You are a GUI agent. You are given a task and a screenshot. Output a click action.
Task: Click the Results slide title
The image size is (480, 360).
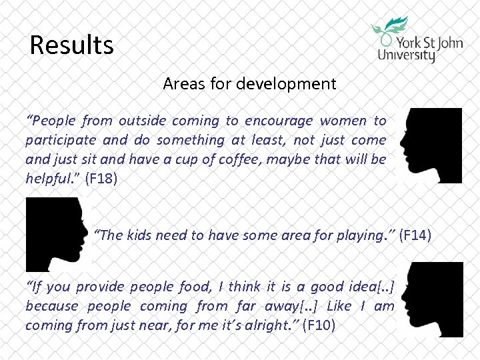(x=72, y=45)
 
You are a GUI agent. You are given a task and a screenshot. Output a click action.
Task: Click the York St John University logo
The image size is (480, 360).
(x=416, y=39)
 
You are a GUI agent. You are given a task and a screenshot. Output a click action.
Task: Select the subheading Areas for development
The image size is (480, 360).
(x=249, y=84)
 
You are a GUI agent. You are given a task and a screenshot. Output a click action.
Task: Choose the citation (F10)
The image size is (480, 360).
(x=320, y=325)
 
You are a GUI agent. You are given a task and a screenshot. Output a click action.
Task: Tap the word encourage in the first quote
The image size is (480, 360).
(x=279, y=121)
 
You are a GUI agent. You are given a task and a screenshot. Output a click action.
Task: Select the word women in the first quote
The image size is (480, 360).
(x=343, y=121)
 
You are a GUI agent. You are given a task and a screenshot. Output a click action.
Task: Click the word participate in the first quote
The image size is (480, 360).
(x=59, y=140)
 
